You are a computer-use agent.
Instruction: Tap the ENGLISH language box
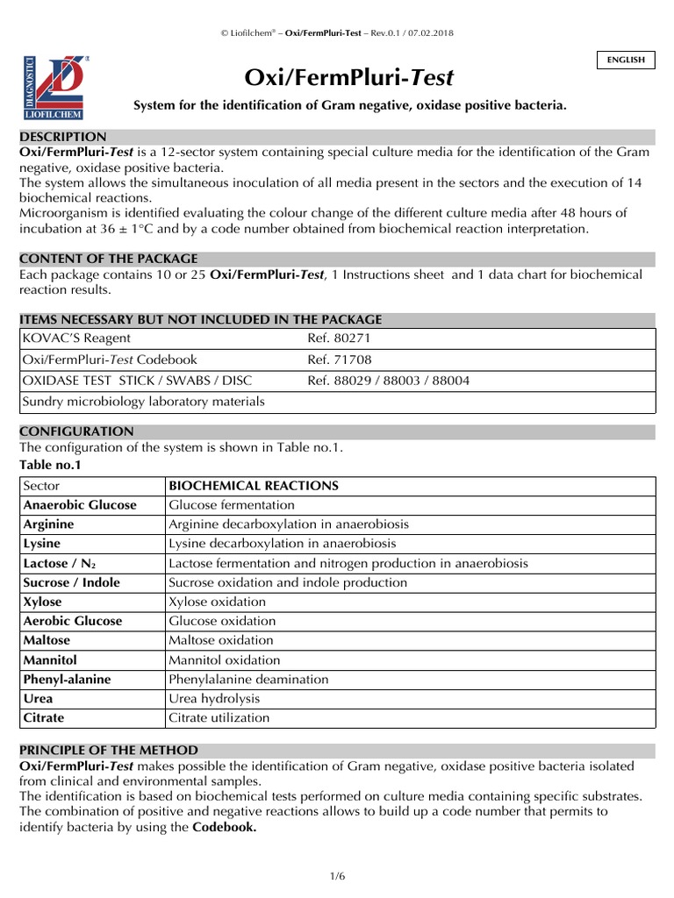click(626, 60)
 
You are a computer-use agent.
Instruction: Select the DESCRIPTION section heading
click(63, 137)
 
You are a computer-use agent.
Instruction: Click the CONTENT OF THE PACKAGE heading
click(109, 259)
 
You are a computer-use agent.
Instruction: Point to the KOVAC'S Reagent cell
click(76, 338)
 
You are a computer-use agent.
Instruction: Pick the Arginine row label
click(49, 524)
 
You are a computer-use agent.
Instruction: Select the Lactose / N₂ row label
click(60, 563)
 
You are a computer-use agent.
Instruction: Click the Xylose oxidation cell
click(217, 602)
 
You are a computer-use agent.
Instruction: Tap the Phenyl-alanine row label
click(67, 679)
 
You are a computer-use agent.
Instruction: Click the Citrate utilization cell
click(219, 717)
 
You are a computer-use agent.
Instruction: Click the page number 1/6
click(337, 875)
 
